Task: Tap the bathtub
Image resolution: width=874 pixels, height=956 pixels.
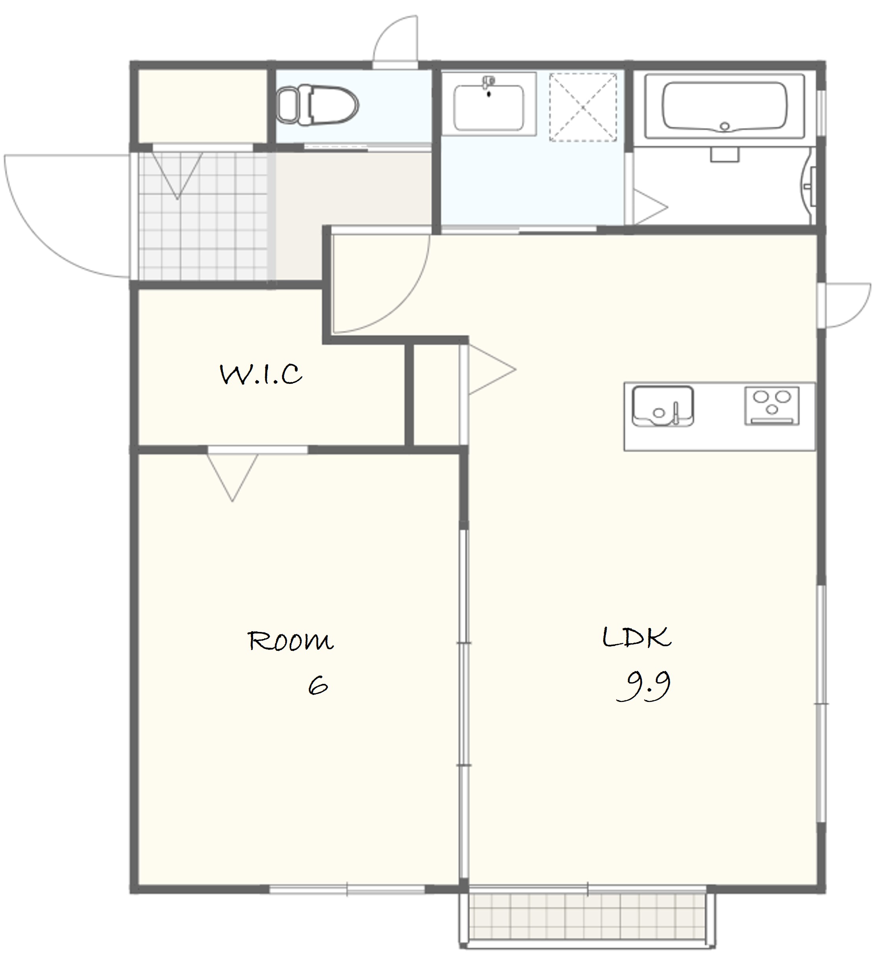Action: [x=724, y=107]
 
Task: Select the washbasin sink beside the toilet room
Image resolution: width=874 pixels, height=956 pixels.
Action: [x=489, y=108]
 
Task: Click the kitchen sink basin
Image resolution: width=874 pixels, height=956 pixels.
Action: [x=663, y=406]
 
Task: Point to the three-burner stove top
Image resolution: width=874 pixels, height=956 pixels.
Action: [x=772, y=405]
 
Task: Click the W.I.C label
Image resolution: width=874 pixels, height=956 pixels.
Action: [x=261, y=374]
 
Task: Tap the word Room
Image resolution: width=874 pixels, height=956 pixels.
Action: [x=290, y=641]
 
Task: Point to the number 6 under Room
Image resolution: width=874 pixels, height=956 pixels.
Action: [x=318, y=685]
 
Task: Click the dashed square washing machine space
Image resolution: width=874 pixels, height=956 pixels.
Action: [x=583, y=107]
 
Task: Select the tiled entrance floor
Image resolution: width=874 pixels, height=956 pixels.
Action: [x=203, y=216]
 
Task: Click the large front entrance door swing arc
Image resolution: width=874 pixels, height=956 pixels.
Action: [x=38, y=237]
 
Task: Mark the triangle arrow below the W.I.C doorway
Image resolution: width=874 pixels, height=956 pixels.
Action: [x=233, y=477]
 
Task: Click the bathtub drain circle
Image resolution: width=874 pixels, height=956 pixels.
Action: [x=724, y=126]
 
